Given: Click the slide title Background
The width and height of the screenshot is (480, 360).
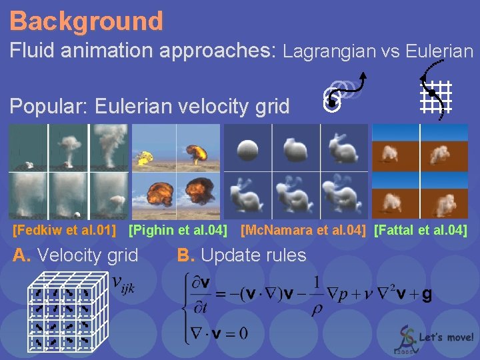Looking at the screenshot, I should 87,21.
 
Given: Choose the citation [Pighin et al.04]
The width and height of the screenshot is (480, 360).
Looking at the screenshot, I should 177,231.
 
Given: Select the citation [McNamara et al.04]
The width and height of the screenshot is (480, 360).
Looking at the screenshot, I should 303,231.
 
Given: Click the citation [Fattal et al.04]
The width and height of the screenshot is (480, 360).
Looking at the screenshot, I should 421,231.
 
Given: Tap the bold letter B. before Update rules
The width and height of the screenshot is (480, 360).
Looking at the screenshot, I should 185,255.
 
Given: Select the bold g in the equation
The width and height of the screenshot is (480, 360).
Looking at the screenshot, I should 427,293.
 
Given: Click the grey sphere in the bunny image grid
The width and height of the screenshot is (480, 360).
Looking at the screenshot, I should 247,148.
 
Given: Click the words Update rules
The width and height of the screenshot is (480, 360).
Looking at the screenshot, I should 253,255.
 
